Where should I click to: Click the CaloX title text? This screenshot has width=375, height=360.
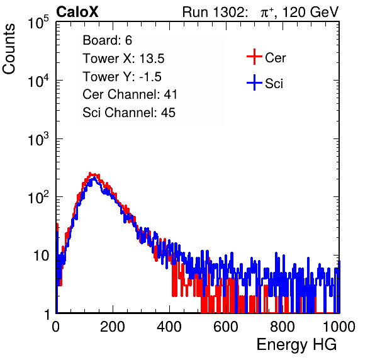[77, 12]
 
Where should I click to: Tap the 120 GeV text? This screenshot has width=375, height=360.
[310, 12]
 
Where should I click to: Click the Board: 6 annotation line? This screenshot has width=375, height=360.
[107, 40]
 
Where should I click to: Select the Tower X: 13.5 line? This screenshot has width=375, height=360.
[123, 59]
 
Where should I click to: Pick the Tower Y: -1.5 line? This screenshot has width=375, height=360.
[122, 77]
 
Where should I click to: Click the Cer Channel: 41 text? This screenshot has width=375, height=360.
[130, 94]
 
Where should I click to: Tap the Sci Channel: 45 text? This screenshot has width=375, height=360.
[129, 113]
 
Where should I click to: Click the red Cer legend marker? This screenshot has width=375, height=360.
[254, 57]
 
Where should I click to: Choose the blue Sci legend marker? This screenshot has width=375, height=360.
[254, 83]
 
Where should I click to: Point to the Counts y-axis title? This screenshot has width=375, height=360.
[9, 49]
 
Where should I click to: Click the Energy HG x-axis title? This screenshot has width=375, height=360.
[297, 345]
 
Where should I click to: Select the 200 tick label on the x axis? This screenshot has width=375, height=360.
[113, 327]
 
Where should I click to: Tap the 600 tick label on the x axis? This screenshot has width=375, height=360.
[226, 327]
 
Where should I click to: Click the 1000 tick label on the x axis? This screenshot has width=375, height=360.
[339, 327]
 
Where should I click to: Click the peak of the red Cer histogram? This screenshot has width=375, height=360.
[90, 173]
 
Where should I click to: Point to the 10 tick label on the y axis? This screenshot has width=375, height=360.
[41, 256]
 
